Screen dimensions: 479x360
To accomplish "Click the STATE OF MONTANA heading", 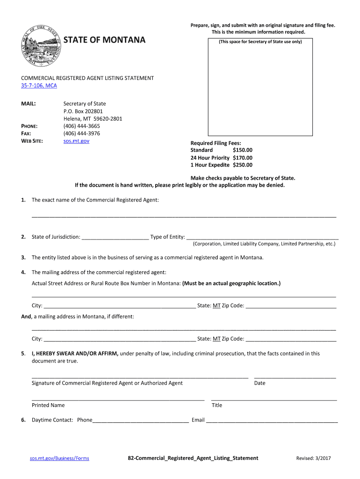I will (x=104, y=40).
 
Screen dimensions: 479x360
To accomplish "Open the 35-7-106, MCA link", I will (x=39, y=86).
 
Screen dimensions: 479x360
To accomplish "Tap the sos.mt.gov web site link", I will (x=76, y=141).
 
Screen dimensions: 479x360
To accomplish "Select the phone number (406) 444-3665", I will (x=81, y=126).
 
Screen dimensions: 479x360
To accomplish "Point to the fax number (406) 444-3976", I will (x=81, y=133).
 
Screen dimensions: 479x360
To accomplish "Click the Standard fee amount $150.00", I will (x=242, y=150).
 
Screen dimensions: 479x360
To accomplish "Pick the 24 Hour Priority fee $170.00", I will (x=242, y=158).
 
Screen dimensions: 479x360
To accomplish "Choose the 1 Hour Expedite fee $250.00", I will (x=242, y=165).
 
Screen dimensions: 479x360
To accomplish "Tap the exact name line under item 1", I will (x=184, y=216).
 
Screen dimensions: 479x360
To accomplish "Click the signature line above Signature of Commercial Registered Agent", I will (x=140, y=376).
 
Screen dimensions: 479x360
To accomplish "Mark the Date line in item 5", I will (x=295, y=376).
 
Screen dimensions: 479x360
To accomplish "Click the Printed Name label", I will (x=48, y=405).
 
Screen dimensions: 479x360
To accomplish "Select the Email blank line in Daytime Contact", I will (x=272, y=421).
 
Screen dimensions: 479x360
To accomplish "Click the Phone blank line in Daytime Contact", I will (x=140, y=421).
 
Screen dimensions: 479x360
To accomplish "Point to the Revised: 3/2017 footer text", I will (x=313, y=458).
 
